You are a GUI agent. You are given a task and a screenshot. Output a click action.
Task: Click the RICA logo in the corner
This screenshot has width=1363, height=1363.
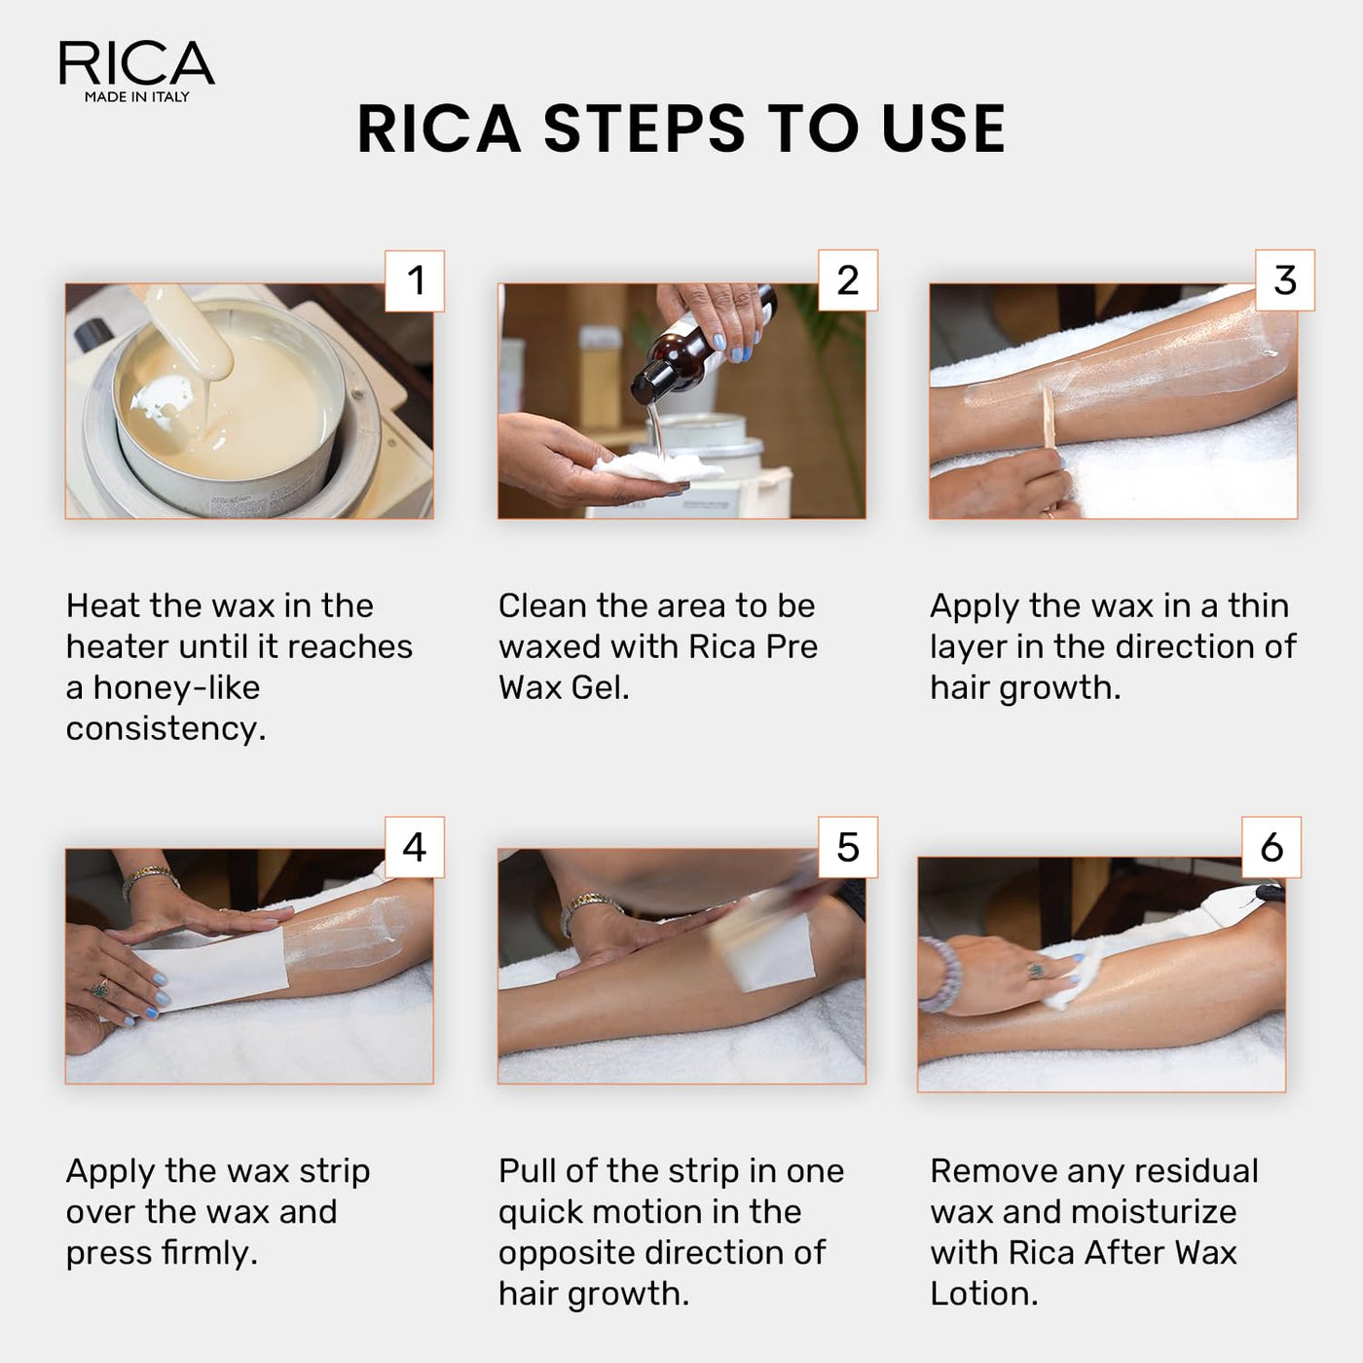click(136, 63)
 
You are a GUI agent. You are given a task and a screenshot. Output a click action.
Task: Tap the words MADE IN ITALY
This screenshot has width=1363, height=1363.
click(136, 97)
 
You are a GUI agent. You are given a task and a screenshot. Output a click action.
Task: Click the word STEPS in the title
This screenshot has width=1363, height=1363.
click(644, 129)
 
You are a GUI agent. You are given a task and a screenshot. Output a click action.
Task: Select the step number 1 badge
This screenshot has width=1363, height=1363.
click(415, 281)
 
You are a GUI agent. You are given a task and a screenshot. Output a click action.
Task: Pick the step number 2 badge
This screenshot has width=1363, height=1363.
click(847, 281)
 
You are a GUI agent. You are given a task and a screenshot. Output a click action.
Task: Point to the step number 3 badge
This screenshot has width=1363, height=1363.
click(1284, 281)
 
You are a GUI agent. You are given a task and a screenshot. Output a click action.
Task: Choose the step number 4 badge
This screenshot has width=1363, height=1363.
click(415, 847)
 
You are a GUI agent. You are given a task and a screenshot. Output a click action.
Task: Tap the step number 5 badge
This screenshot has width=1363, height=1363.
click(847, 847)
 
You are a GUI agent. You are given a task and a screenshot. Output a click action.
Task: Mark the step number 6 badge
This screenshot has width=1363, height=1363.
click(1271, 847)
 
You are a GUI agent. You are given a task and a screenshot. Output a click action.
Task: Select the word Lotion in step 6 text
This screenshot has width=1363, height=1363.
click(983, 1294)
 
